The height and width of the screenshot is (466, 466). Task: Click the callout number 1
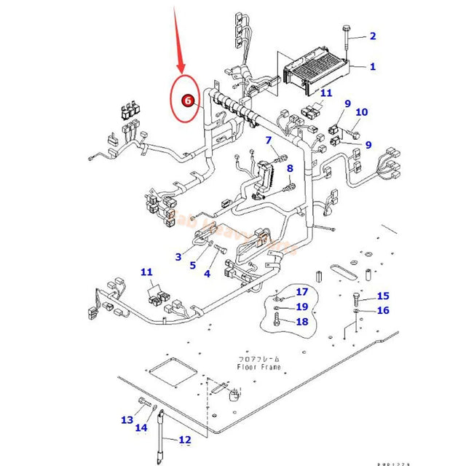pyautogui.click(x=373, y=66)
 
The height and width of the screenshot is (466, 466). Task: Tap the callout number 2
pyautogui.click(x=373, y=36)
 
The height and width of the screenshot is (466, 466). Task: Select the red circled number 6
pyautogui.click(x=189, y=101)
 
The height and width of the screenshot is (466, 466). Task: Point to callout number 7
pyautogui.click(x=269, y=140)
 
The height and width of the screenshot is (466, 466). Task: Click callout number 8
pyautogui.click(x=289, y=168)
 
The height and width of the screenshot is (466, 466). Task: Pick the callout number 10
pyautogui.click(x=362, y=112)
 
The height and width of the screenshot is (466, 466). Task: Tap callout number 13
pyautogui.click(x=127, y=420)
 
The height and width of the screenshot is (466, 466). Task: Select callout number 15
pyautogui.click(x=383, y=296)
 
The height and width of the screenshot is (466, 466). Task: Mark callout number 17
pyautogui.click(x=302, y=292)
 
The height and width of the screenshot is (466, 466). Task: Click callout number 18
pyautogui.click(x=302, y=321)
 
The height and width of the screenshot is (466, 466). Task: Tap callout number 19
pyautogui.click(x=302, y=307)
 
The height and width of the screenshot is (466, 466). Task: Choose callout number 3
pyautogui.click(x=178, y=256)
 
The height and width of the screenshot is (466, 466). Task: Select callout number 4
pyautogui.click(x=207, y=274)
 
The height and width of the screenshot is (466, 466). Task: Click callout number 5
pyautogui.click(x=193, y=265)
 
